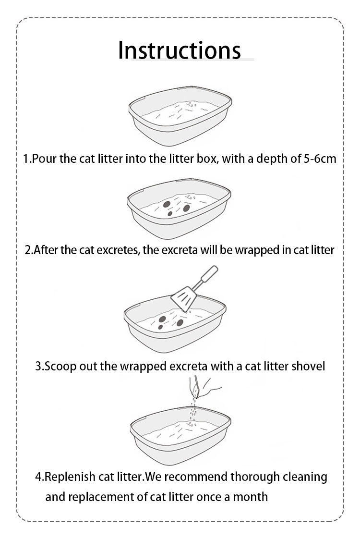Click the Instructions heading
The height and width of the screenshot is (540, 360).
pos(180,50)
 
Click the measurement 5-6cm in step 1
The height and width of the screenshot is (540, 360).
pos(320,159)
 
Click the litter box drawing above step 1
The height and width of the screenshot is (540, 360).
pos(180,116)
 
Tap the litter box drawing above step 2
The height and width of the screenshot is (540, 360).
pos(179,209)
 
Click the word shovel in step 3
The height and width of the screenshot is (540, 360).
pos(308,366)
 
